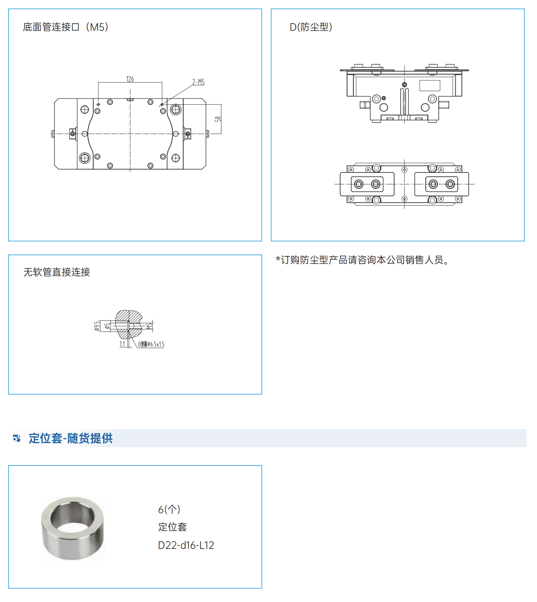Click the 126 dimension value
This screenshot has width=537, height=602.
coord(130,79)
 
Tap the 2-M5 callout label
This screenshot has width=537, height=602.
coord(198,82)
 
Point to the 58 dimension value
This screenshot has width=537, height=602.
coord(218,119)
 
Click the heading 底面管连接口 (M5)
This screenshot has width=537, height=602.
coord(66,27)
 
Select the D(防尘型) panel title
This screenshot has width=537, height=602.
coord(311,27)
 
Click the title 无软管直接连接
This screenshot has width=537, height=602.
coord(57,272)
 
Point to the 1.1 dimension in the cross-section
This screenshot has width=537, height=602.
coord(122,344)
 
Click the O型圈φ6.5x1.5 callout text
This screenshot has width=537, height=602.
coord(151,345)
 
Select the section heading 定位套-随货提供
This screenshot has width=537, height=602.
coord(71,438)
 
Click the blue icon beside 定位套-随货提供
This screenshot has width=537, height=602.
coord(17,438)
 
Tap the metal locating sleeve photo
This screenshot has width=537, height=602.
coord(72,528)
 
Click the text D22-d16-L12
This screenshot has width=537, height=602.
coord(186,545)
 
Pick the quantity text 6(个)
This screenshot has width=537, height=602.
coord(169,509)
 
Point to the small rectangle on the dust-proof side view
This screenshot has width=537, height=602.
coord(430,86)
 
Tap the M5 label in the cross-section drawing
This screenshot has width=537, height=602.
coord(149,326)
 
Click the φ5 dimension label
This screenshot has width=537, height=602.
coord(107,326)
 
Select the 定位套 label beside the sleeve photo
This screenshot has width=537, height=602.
coord(172,527)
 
